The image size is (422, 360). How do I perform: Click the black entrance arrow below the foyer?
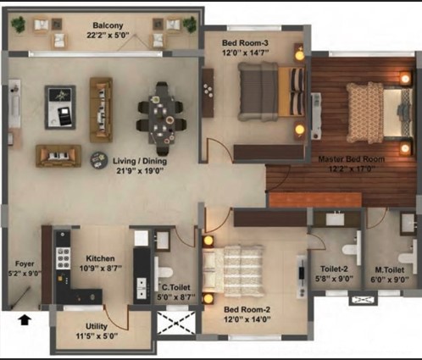pyautogui.click(x=25, y=320)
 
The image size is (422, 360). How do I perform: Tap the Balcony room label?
pyautogui.click(x=108, y=25)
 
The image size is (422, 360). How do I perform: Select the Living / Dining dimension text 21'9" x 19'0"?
pyautogui.click(x=140, y=171)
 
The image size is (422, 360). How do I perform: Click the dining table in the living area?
pyautogui.click(x=162, y=119)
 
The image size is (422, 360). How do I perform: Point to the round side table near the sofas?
pyautogui.click(x=99, y=160)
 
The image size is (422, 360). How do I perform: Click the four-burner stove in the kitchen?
pyautogui.click(x=64, y=258)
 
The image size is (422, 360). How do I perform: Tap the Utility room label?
pyautogui.click(x=97, y=326)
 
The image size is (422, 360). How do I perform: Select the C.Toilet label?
pyautogui.click(x=176, y=287)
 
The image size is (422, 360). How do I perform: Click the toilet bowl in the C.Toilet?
pyautogui.click(x=164, y=273)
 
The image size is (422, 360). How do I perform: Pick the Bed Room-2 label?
pyautogui.click(x=247, y=310)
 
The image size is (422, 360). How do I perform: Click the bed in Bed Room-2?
pyautogui.click(x=233, y=271)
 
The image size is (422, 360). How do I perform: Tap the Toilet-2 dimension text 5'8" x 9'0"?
pyautogui.click(x=334, y=279)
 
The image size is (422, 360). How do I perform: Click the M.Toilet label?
pyautogui.click(x=390, y=270)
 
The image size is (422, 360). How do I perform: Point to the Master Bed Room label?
pyautogui.click(x=352, y=159)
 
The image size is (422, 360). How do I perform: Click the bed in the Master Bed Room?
pyautogui.click(x=379, y=112)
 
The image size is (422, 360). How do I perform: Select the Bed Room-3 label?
pyautogui.click(x=245, y=43)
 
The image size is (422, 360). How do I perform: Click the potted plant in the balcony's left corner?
pyautogui.click(x=19, y=25)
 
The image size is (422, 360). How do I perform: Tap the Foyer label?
pyautogui.click(x=25, y=263)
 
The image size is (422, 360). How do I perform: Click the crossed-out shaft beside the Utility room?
pyautogui.click(x=176, y=322)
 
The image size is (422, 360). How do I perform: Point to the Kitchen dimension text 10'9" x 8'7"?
pyautogui.click(x=101, y=268)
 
